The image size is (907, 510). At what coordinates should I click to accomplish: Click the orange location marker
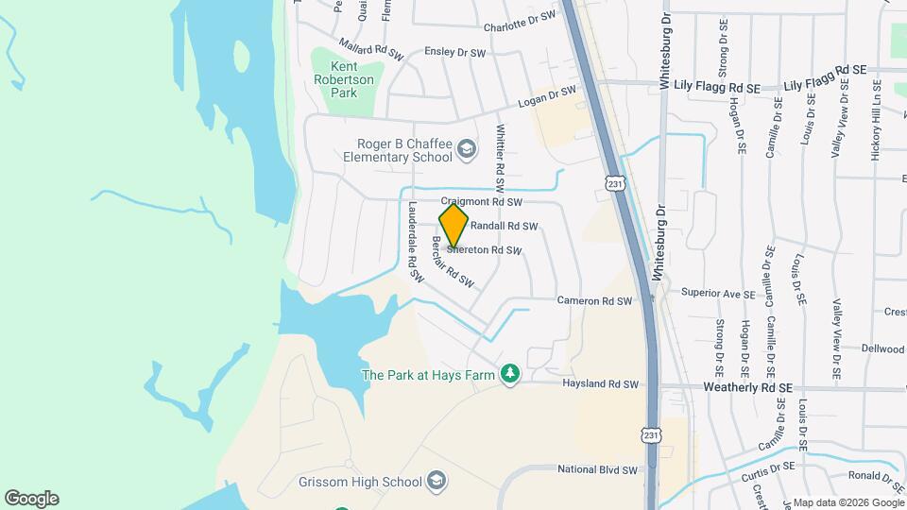453,227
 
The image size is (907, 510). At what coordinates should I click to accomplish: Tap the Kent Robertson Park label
346,79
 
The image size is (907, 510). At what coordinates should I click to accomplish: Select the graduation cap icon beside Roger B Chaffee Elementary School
467,149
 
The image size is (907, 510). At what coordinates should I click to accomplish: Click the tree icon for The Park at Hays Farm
510,375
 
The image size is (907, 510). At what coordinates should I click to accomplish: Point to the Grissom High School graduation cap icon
436,482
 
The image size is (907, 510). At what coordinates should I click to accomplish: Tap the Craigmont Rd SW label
481,202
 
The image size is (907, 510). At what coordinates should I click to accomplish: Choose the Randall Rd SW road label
504,227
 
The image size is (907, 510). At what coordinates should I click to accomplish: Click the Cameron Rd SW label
593,301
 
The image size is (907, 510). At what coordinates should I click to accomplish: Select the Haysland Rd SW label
601,384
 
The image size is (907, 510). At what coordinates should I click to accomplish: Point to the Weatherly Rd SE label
746,387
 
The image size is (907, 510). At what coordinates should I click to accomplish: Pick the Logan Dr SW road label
546,97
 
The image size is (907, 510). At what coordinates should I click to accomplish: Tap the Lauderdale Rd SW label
413,240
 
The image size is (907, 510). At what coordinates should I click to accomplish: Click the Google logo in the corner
31,499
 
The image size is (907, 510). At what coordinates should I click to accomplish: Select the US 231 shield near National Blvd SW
651,433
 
